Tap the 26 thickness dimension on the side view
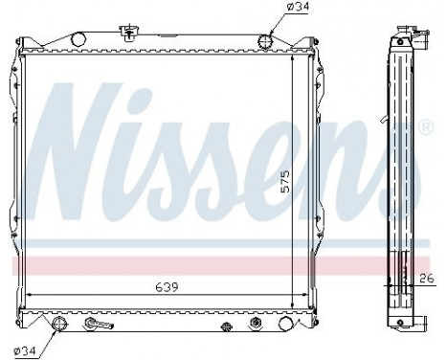tap(427, 279)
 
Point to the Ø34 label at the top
tap(277, 11)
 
